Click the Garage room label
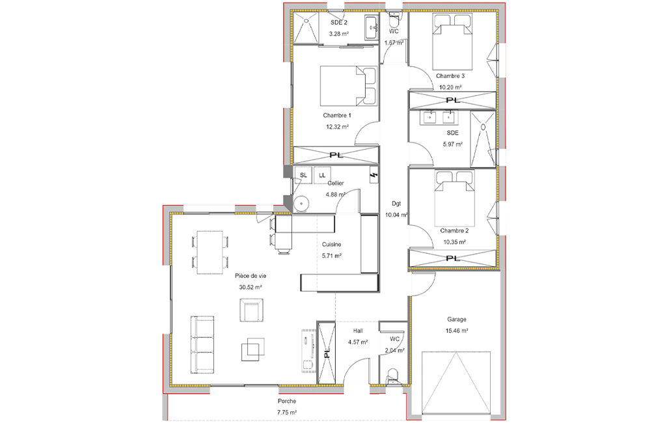point(456,319)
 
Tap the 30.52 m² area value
point(250,287)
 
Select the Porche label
point(287,401)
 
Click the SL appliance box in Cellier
point(303,175)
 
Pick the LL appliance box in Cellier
point(322,175)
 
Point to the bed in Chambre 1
point(348,86)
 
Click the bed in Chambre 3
point(453,41)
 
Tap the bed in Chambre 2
point(454,198)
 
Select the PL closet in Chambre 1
point(336,156)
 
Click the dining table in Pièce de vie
point(210,252)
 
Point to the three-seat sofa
point(202,345)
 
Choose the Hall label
point(358,331)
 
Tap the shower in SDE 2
point(306,28)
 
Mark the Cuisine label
point(331,245)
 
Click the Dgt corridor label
point(396,204)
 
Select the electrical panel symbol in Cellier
point(374,176)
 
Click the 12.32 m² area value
point(337,126)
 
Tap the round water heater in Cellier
point(301,203)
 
